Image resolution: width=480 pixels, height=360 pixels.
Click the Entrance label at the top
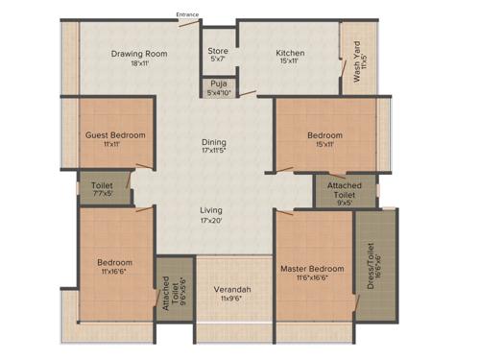188,14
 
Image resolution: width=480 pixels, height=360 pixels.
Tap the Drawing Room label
140,53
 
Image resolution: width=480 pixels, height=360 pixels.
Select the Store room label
218,52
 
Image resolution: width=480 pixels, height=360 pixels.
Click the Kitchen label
290,53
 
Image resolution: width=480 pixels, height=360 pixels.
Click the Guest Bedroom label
115,135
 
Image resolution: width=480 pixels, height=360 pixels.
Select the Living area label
211,209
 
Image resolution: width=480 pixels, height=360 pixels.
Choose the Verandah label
231,288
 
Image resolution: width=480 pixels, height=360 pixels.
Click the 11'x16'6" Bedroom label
114,261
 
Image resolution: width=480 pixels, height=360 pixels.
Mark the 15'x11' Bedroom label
324,135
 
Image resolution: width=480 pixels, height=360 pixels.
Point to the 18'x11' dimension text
140,63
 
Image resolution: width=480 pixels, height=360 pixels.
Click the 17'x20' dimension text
211,221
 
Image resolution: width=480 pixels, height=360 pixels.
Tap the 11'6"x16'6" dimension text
312,278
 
